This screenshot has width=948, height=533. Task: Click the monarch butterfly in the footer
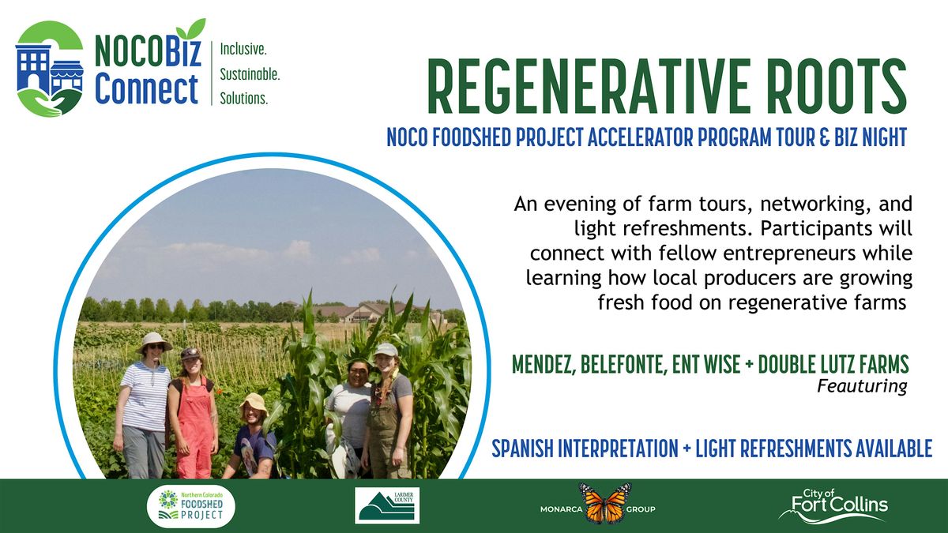606,503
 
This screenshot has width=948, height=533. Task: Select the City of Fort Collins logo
833,505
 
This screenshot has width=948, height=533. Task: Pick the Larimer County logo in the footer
387,505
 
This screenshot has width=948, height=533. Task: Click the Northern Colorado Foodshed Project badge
191,506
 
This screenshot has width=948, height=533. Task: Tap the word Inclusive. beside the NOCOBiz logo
243,49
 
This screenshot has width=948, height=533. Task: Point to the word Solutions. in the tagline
244,99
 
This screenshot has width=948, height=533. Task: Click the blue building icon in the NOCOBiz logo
33,68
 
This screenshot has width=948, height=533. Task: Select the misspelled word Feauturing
862,386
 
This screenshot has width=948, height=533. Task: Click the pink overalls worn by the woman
194,427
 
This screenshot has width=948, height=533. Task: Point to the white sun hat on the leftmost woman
153,341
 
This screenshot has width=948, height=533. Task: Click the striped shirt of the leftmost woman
145,396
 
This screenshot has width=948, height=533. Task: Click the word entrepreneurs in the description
789,253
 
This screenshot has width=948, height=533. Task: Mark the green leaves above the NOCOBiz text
191,29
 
